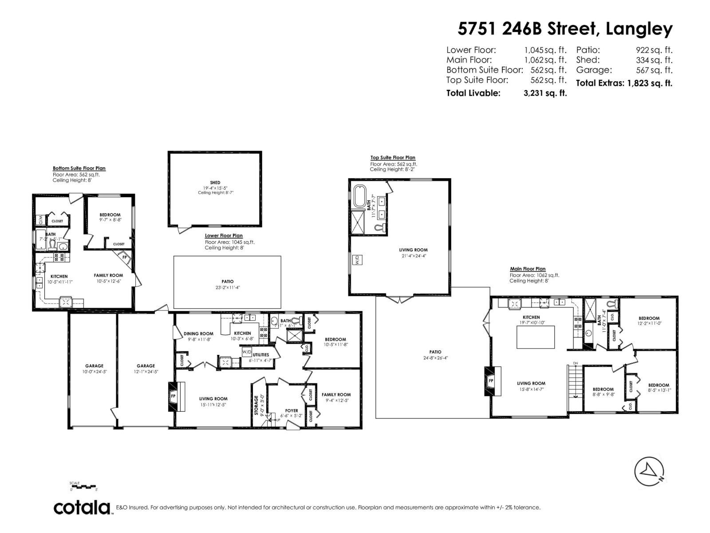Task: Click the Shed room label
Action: point(215,183)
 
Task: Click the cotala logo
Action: point(82,507)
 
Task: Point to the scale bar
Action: point(83,487)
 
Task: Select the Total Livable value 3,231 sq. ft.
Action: point(545,93)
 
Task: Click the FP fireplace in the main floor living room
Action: point(491,381)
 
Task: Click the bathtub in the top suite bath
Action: point(359,196)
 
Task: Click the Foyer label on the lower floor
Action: point(292,410)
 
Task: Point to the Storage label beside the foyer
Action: point(256,405)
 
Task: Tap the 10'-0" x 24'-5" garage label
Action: point(94,366)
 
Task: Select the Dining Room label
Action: point(198,334)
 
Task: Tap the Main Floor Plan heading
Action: point(528,269)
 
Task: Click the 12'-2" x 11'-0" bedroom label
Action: point(649,318)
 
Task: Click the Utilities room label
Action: point(261,355)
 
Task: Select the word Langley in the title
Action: point(639,29)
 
